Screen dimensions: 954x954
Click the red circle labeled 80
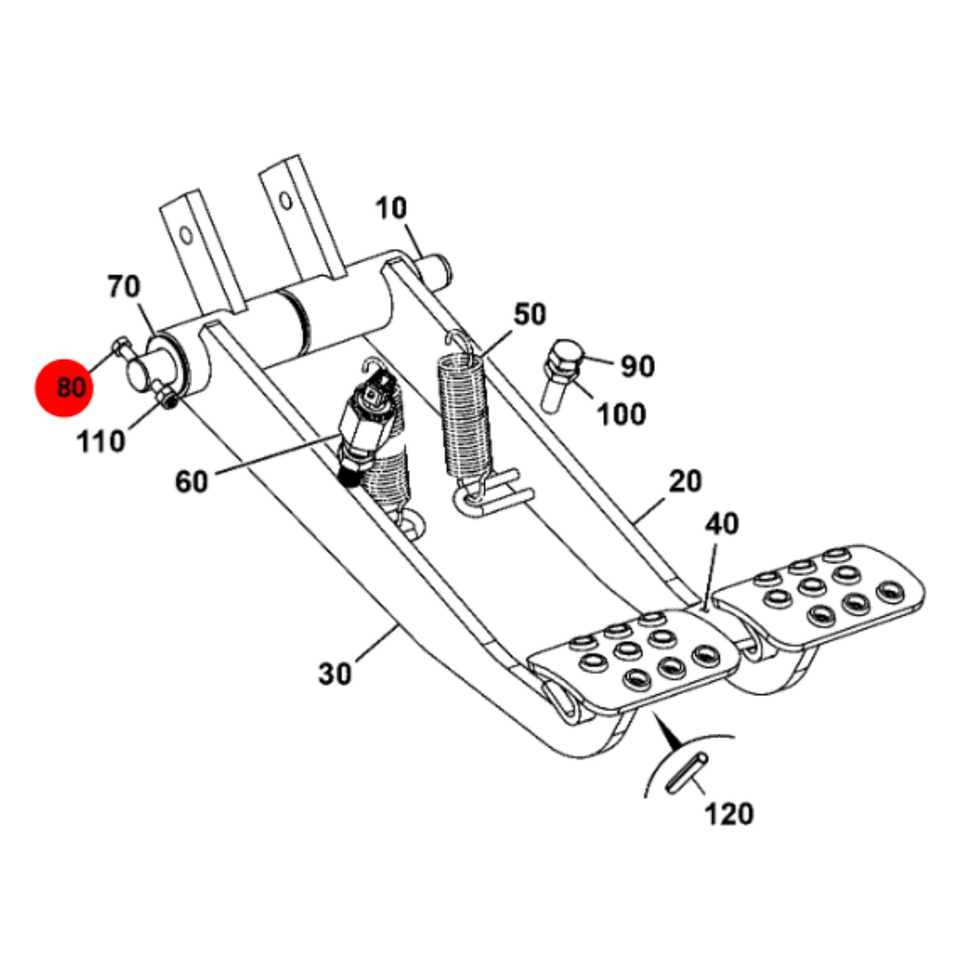point(64,388)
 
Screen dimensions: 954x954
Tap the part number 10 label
point(391,209)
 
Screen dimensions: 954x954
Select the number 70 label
point(125,287)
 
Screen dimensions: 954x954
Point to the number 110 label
point(101,441)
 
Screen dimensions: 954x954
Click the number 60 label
point(191,481)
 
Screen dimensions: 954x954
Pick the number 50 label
point(530,315)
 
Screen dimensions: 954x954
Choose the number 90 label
point(638,366)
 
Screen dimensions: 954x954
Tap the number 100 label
point(622,414)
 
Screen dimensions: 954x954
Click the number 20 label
point(686,481)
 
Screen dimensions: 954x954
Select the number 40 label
point(722,524)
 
